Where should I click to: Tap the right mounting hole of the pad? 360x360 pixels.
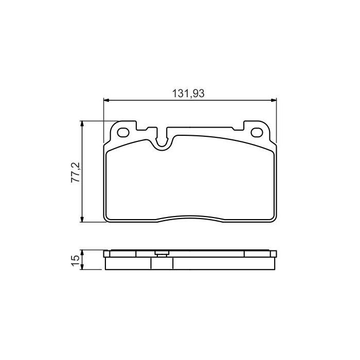coord(256,133)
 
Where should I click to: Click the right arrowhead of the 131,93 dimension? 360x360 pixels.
coord(274,100)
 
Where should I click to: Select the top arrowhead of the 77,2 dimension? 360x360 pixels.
coord(81,124)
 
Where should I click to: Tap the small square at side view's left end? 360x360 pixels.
coord(106,254)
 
